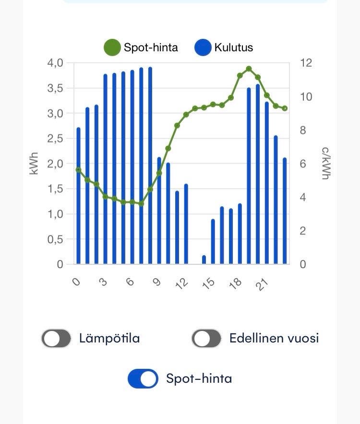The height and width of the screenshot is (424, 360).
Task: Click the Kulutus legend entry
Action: [x=224, y=47]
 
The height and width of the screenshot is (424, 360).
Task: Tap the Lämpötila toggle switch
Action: [x=56, y=338]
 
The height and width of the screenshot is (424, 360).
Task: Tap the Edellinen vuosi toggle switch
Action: [x=206, y=338]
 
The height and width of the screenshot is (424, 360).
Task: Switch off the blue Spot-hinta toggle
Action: [x=143, y=378]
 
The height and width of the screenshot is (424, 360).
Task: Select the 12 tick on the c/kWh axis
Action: [x=306, y=63]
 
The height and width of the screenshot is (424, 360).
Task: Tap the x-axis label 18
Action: [x=235, y=283]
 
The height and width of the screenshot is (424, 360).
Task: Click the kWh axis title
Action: [x=34, y=163]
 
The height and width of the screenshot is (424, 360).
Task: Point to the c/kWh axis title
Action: [x=325, y=163]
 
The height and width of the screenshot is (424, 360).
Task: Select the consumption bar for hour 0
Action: [x=79, y=197]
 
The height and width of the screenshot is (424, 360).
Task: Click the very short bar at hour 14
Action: [x=204, y=259]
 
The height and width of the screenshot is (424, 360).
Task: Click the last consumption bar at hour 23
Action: [x=285, y=211]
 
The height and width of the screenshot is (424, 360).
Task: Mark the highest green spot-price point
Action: [x=249, y=69]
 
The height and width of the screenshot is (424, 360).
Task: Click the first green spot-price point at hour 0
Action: [x=79, y=170]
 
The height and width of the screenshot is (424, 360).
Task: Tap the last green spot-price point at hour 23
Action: [x=285, y=108]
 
